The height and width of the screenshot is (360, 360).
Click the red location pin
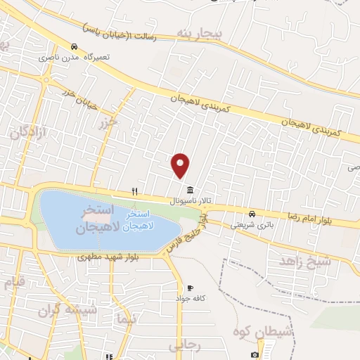tap(181, 165)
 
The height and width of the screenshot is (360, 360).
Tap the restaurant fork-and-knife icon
tap(134, 191)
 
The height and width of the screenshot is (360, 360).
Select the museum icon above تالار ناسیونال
tap(191, 191)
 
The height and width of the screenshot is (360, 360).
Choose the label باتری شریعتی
tap(252, 224)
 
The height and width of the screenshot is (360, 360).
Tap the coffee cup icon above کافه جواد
tap(190, 288)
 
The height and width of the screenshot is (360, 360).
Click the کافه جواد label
tap(190, 299)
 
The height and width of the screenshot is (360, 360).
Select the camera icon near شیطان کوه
tap(255, 355)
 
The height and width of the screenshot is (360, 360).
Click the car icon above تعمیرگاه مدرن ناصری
tap(73, 46)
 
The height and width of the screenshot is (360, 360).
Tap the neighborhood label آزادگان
tap(28, 131)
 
